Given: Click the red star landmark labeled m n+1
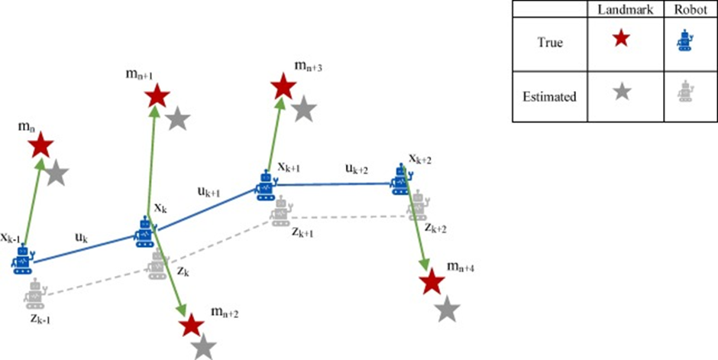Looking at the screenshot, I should pyautogui.click(x=157, y=96).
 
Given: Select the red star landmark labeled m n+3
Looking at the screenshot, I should pyautogui.click(x=283, y=86).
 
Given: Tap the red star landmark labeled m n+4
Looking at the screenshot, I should pyautogui.click(x=432, y=282).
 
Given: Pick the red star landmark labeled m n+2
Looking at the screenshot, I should pyautogui.click(x=190, y=326).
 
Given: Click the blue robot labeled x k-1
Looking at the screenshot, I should pyautogui.click(x=22, y=260).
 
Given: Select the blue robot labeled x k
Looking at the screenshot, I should pyautogui.click(x=145, y=230).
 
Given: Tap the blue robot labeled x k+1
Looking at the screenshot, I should pyautogui.click(x=265, y=186).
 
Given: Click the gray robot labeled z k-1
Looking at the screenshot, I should pyautogui.click(x=35, y=294).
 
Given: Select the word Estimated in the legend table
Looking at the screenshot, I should pyautogui.click(x=549, y=97).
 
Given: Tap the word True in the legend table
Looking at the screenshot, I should pyautogui.click(x=549, y=43).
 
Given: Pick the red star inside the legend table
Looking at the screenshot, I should pyautogui.click(x=622, y=41).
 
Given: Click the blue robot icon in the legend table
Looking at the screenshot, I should pyautogui.click(x=685, y=41).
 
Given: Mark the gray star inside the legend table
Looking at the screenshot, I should pyautogui.click(x=622, y=92).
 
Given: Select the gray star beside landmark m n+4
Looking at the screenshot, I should pyautogui.click(x=448, y=310).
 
